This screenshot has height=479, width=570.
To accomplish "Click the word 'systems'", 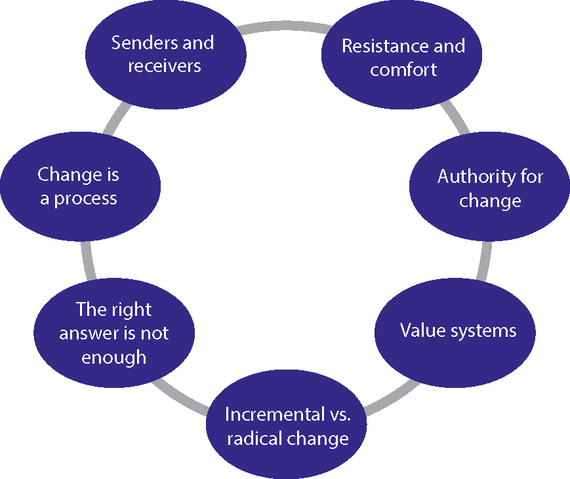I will click(x=486, y=330).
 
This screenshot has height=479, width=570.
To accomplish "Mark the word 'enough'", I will click(x=113, y=357).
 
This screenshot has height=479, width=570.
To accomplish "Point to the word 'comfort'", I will click(x=403, y=69).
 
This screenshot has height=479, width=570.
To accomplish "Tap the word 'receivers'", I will click(x=164, y=66).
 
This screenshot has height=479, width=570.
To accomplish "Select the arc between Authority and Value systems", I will click(x=486, y=262).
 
